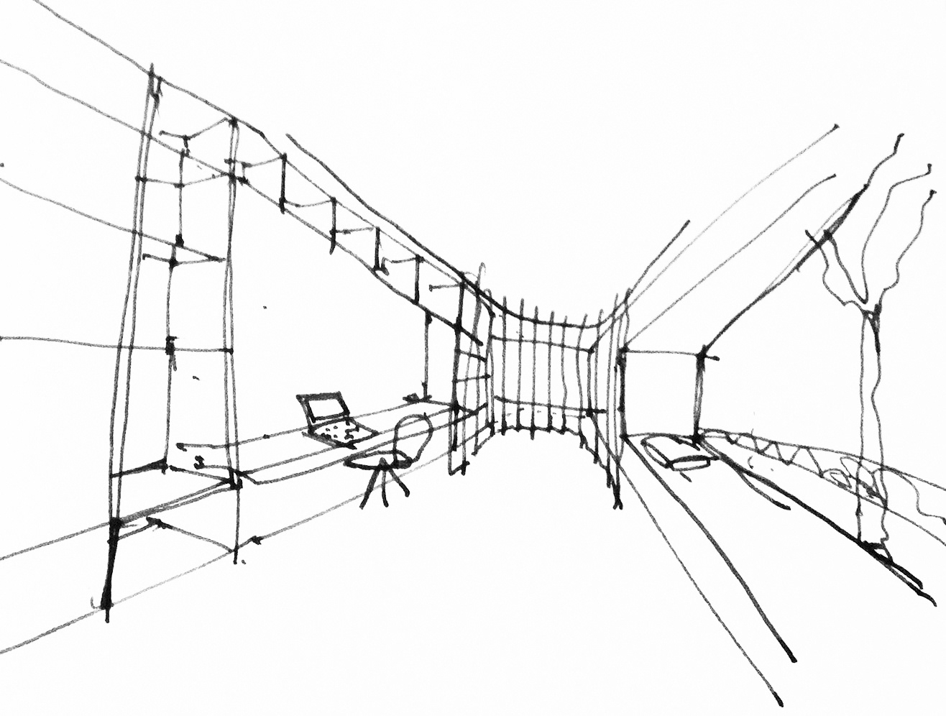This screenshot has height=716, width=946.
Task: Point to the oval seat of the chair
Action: point(374,462)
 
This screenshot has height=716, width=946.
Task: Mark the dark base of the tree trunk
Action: point(878,550)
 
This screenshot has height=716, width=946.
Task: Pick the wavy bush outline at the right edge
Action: point(920,496)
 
